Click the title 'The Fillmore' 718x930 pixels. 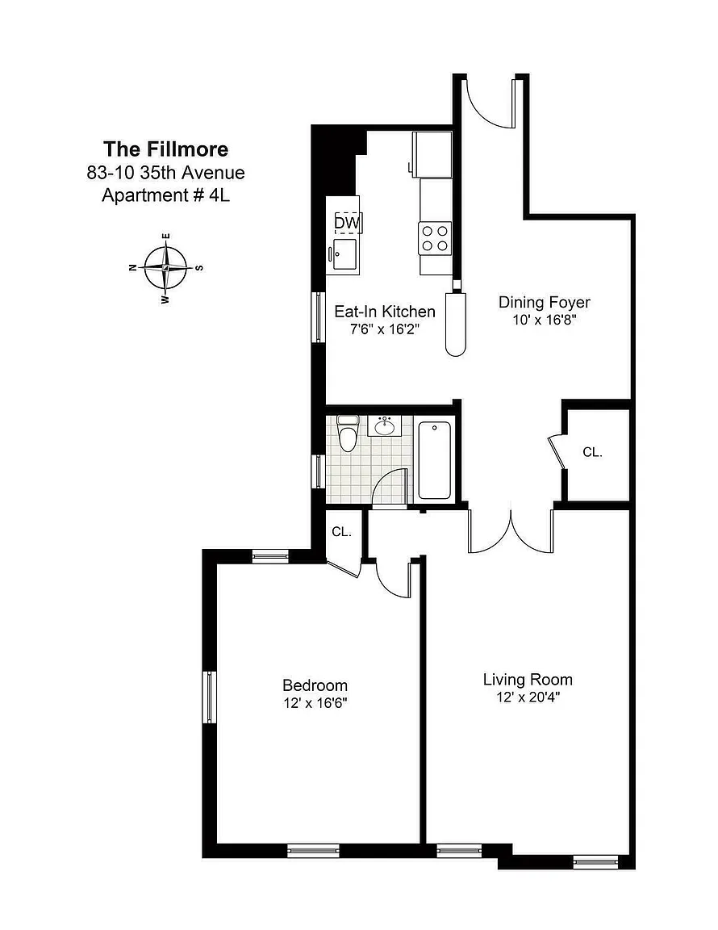(165, 149)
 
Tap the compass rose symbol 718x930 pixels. (166, 268)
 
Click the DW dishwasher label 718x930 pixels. (347, 223)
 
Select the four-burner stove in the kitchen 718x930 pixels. (435, 238)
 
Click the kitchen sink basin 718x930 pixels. (345, 253)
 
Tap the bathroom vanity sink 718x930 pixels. (385, 426)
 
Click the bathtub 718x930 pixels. (435, 459)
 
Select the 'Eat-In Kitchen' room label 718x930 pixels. (385, 312)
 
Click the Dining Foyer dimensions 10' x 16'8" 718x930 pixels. (545, 320)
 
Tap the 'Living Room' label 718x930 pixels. (528, 680)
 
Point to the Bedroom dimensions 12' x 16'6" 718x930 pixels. (315, 703)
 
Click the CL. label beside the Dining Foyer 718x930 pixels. (592, 453)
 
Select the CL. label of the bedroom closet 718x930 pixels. (341, 532)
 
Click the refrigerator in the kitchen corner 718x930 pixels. (432, 155)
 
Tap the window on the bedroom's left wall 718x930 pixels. (209, 697)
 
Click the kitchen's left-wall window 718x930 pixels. (319, 316)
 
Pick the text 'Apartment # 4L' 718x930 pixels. (165, 195)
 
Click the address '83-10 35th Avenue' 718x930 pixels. (165, 174)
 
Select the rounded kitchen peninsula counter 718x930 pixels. (455, 324)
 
